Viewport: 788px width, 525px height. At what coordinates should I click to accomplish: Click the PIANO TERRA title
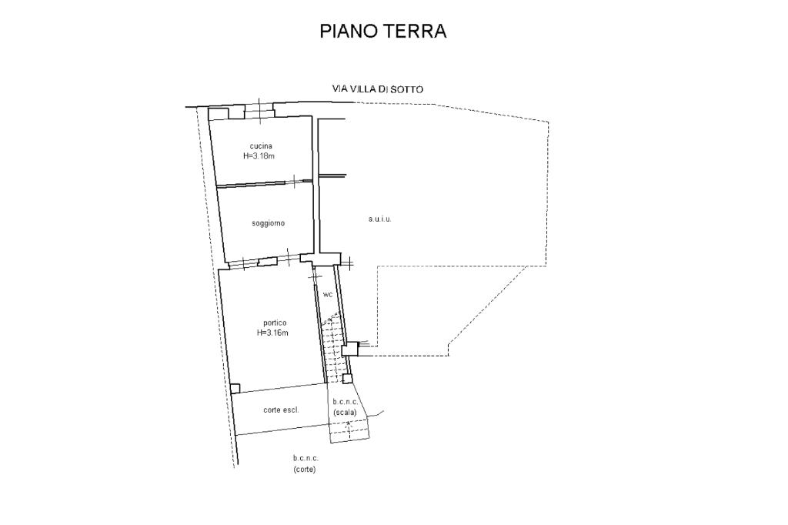pos(383,31)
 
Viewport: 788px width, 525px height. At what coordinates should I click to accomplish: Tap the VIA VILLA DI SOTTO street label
pos(377,89)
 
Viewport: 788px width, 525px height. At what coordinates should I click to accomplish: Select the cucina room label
pos(261,145)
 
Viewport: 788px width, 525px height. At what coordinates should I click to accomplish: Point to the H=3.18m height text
pos(259,156)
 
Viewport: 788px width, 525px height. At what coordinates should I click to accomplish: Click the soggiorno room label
pos(269,222)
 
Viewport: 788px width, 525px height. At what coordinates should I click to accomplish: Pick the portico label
pos(275,323)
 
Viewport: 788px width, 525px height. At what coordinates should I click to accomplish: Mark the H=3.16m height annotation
pos(272,333)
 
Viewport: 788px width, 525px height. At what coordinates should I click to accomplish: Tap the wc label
pos(328,295)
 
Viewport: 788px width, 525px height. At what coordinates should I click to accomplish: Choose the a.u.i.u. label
pos(379,219)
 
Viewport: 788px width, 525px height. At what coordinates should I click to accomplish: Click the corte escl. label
pos(281,410)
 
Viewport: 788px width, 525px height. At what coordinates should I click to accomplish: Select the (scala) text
pos(345,413)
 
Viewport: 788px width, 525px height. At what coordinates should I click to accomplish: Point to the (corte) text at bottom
pos(305,470)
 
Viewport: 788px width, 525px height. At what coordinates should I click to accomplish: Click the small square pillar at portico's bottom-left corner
pos(235,388)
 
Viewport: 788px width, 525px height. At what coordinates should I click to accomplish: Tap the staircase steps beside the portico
pos(332,347)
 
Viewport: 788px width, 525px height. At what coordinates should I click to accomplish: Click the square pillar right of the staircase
pos(350,349)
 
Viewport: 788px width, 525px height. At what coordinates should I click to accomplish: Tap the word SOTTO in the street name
pos(409,89)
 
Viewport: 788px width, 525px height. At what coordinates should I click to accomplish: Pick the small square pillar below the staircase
pos(347,379)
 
